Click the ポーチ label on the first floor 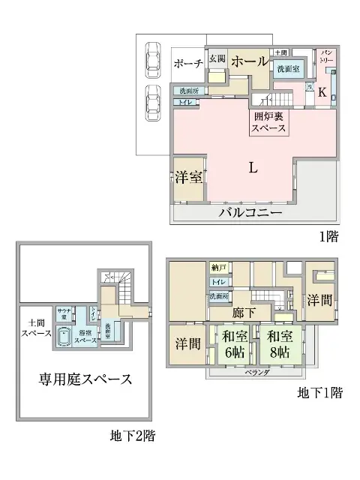click(187, 64)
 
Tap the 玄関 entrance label click(217, 58)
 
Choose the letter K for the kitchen click(322, 92)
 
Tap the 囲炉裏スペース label click(268, 122)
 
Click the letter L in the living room click(253, 168)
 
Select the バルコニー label click(250, 213)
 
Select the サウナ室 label click(64, 313)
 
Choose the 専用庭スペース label click(85, 378)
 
